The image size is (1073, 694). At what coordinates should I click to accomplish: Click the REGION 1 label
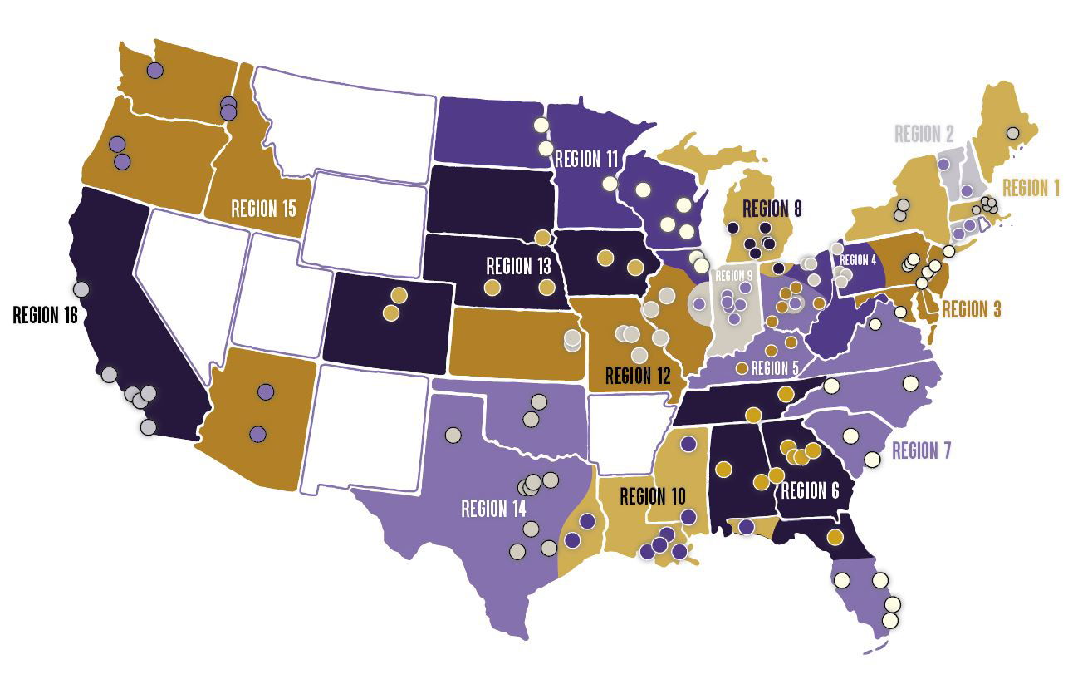pyautogui.click(x=1031, y=188)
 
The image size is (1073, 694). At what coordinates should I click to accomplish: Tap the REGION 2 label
pyautogui.click(x=923, y=134)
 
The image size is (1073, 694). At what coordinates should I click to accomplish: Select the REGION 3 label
pyautogui.click(x=971, y=309)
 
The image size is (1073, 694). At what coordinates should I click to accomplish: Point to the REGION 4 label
pyautogui.click(x=858, y=260)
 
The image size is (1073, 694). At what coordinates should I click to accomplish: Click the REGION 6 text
pyautogui.click(x=810, y=490)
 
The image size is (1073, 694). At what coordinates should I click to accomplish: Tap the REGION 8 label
pyautogui.click(x=772, y=208)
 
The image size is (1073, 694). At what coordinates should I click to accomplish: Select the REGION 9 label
pyautogui.click(x=733, y=276)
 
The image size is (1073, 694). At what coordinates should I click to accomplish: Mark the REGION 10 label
pyautogui.click(x=653, y=497)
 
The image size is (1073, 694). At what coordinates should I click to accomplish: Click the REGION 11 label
pyautogui.click(x=587, y=158)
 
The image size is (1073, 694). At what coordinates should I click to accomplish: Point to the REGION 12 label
pyautogui.click(x=638, y=375)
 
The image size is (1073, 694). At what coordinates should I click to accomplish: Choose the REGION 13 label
pyautogui.click(x=518, y=266)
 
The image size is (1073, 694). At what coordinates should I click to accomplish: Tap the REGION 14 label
pyautogui.click(x=493, y=508)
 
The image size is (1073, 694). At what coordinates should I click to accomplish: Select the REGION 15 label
pyautogui.click(x=263, y=208)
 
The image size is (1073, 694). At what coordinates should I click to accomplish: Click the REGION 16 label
pyautogui.click(x=47, y=315)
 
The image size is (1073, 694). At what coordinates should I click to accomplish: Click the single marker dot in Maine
pyautogui.click(x=1012, y=132)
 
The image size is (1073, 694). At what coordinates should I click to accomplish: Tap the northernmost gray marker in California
pyautogui.click(x=81, y=289)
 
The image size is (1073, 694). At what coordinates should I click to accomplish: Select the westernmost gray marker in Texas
pyautogui.click(x=453, y=434)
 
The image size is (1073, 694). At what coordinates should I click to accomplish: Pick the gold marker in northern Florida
pyautogui.click(x=835, y=537)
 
